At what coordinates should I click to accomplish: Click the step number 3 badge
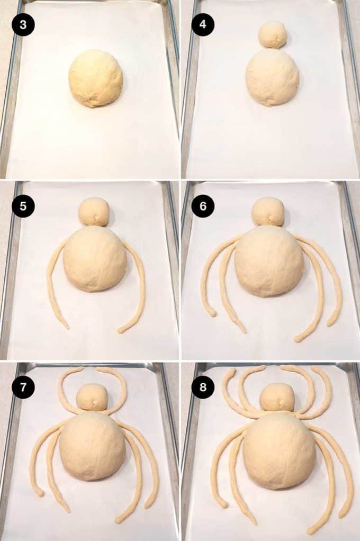[23, 25]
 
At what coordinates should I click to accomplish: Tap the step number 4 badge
[203, 25]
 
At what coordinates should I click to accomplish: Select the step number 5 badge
[23, 206]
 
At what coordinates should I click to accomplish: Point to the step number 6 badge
[203, 206]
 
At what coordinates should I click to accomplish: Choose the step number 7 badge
[23, 387]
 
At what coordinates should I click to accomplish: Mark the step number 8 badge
[203, 387]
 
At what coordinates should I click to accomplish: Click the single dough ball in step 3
[95, 78]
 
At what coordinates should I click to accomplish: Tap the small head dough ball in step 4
[273, 35]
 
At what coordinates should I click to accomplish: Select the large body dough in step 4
[272, 77]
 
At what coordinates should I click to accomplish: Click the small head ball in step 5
[94, 212]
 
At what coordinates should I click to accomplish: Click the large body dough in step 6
[269, 260]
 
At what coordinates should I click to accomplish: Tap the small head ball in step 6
[268, 212]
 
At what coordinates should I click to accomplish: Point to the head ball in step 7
[92, 397]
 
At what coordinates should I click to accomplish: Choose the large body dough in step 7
[93, 446]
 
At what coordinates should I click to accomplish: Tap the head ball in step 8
[277, 397]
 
